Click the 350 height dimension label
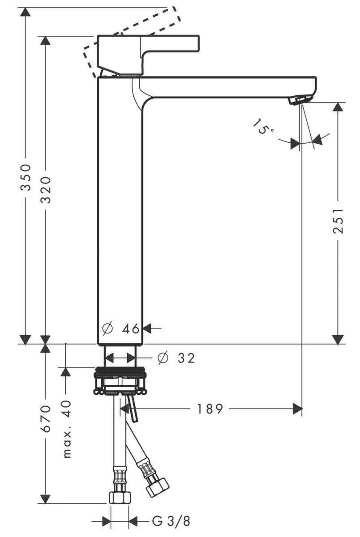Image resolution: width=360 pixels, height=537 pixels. tap(26, 177)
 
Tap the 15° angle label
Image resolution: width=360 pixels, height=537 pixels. tap(263, 127)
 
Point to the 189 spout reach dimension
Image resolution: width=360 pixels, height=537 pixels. tap(210, 409)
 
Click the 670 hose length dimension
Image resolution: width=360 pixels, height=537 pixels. tap(46, 419)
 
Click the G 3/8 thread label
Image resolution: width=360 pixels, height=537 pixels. tap(171, 521)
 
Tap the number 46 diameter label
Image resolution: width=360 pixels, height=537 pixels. tap(131, 329)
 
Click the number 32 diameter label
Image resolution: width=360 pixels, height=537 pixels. tap(186, 358)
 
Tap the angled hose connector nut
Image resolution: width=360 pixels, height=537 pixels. tap(158, 486)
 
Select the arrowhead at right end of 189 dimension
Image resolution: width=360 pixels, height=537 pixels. tap(297, 409)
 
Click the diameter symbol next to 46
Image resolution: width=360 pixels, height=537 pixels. tap(107, 329)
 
